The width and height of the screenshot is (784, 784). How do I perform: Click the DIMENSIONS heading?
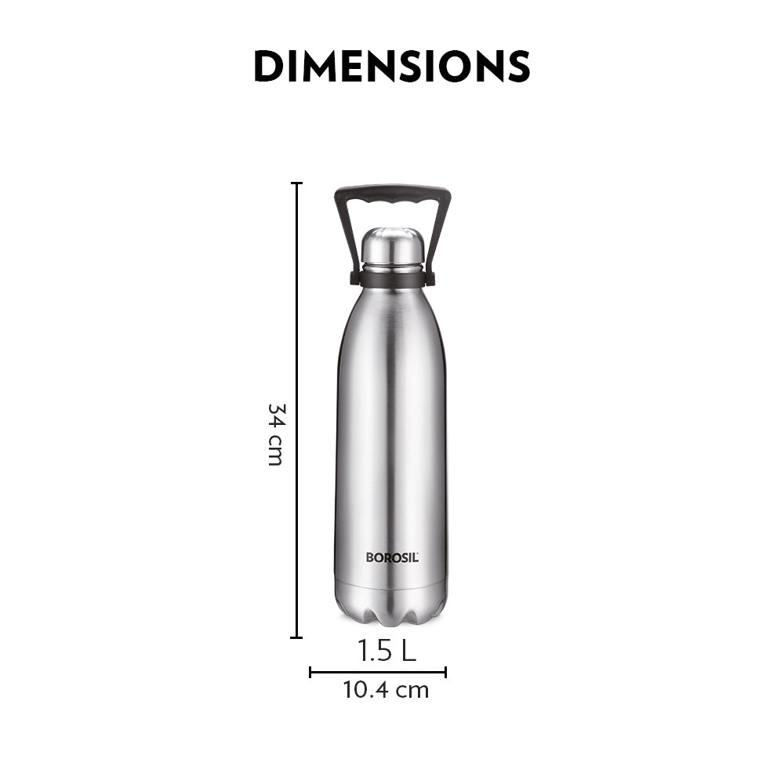(391, 67)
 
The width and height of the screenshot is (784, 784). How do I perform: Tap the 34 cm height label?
(274, 434)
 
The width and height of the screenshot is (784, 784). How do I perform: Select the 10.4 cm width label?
(386, 690)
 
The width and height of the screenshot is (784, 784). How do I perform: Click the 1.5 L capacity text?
(387, 651)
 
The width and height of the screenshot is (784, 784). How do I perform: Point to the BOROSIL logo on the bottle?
(392, 557)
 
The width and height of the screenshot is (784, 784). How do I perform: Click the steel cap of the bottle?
(392, 247)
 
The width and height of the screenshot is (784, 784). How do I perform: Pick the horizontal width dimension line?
(378, 672)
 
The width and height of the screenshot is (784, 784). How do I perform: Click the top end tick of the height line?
(296, 183)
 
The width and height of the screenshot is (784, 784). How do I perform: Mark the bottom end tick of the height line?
(296, 637)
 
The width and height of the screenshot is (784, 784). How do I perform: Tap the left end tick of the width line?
(310, 672)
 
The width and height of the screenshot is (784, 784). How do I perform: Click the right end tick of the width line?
(445, 672)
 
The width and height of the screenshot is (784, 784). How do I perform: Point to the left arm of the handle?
(345, 235)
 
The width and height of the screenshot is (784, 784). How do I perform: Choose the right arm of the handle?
(439, 235)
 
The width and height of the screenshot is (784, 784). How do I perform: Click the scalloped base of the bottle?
(392, 608)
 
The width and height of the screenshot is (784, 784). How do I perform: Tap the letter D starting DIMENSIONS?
(269, 67)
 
